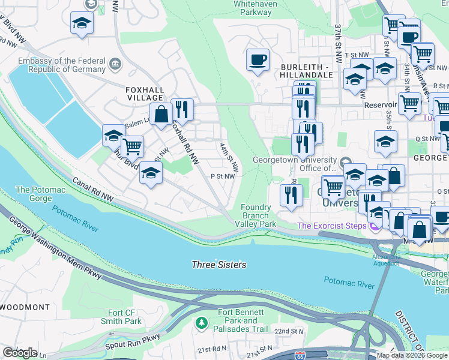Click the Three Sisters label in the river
click(218, 265)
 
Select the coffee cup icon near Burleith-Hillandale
click(258, 60)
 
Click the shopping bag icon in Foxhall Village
click(161, 113)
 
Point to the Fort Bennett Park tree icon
click(202, 324)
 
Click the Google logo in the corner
click(20, 353)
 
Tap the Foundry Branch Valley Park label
click(258, 215)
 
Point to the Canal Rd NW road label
click(93, 188)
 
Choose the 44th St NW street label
click(229, 157)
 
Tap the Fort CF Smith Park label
click(125, 317)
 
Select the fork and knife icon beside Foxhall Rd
click(182, 109)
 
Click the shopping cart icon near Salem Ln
click(132, 146)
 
